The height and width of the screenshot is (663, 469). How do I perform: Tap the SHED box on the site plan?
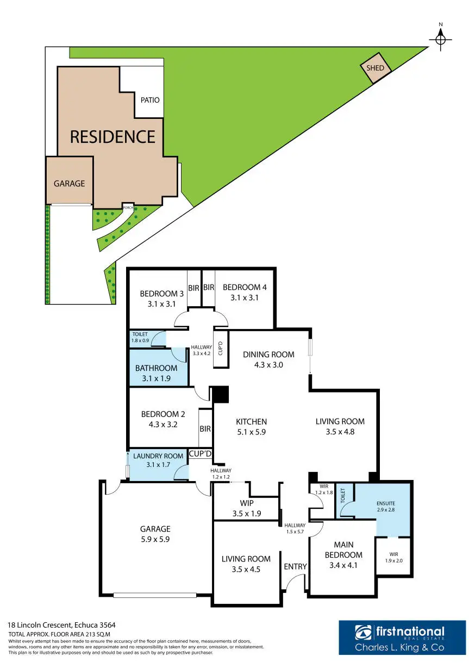point(376,68)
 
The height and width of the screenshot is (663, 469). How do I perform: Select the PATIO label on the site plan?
point(150,100)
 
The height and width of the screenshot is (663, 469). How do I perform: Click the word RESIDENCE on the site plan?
point(112,136)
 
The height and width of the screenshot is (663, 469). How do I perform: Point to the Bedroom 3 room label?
point(162,294)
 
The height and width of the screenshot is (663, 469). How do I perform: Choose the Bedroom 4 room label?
point(245,287)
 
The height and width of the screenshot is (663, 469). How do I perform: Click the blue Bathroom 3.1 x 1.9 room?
point(157,373)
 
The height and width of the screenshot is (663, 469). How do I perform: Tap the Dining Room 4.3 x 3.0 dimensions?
point(268,365)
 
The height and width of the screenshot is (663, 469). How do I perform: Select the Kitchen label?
point(251,421)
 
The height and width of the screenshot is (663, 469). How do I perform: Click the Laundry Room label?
point(159,456)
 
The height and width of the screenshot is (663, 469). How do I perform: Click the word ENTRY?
point(296,566)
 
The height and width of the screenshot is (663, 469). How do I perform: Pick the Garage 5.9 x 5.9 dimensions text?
point(155,539)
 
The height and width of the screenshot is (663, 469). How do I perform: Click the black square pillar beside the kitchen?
point(220,394)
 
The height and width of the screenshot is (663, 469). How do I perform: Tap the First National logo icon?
point(362,632)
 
